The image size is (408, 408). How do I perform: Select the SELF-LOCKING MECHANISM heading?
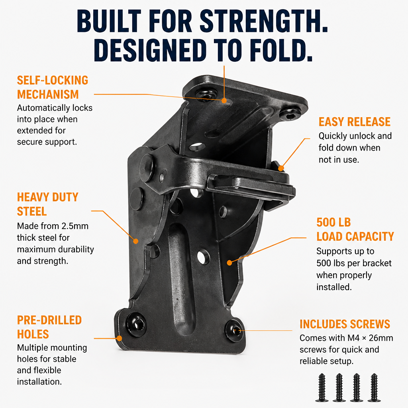coord(53,87)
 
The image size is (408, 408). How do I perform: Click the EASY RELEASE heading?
coord(354,122)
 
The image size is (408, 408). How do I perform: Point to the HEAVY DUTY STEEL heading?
coord(48,204)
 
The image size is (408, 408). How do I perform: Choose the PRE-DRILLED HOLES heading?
coord(49,327)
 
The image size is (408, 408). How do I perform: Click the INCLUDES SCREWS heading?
coord(345,324)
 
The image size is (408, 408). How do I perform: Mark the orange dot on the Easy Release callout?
coord(281,169)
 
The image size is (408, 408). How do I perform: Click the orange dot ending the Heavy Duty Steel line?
coord(135,241)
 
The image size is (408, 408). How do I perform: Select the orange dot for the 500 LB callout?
coord(229,263)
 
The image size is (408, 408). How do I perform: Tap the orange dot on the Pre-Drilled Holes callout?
coord(119,338)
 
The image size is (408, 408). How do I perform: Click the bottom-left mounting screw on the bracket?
coord(136,324)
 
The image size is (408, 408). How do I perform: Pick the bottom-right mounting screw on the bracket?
coord(235,330)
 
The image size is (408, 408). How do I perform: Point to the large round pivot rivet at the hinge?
coord(147,167)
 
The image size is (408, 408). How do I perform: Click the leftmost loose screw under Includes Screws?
coord(322,388)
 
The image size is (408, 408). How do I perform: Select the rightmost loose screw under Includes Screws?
coord(374,388)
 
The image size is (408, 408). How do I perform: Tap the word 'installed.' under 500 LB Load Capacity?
coord(334,287)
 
